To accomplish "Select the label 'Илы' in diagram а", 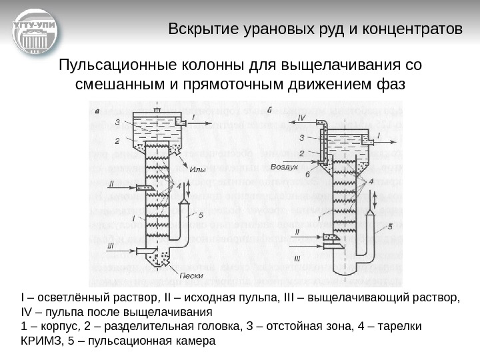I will click(x=198, y=169).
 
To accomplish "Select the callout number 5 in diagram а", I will click(x=200, y=215).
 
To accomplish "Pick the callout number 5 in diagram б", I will click(x=390, y=226).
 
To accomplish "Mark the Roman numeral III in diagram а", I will click(x=111, y=245).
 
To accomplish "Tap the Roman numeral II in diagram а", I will click(x=112, y=183).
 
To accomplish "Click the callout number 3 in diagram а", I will click(x=117, y=122).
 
